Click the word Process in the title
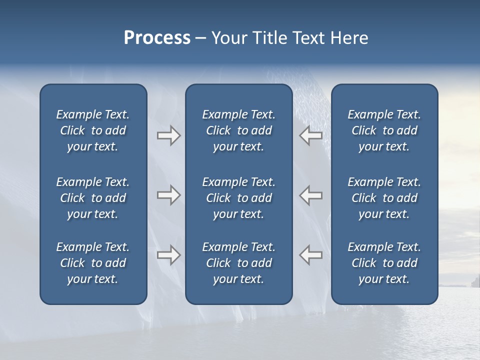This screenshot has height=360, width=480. [x=157, y=38]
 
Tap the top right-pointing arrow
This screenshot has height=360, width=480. [x=168, y=135]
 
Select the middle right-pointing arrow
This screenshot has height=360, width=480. [x=168, y=195]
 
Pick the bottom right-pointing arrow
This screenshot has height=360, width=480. [x=168, y=255]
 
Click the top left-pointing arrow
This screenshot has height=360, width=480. [x=310, y=135]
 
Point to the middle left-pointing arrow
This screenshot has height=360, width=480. [x=310, y=195]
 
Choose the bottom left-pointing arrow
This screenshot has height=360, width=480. [x=310, y=255]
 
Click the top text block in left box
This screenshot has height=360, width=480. [x=93, y=130]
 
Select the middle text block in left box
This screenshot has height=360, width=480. [x=93, y=198]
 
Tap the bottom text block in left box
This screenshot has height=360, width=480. [x=93, y=263]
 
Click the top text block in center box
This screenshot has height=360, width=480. [x=238, y=130]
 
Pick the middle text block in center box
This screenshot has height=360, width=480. [x=238, y=198]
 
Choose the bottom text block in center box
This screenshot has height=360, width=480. [x=238, y=263]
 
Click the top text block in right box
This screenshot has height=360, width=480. [x=384, y=130]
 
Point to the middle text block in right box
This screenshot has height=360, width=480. [x=384, y=198]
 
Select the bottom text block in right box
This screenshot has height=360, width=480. [x=384, y=263]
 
